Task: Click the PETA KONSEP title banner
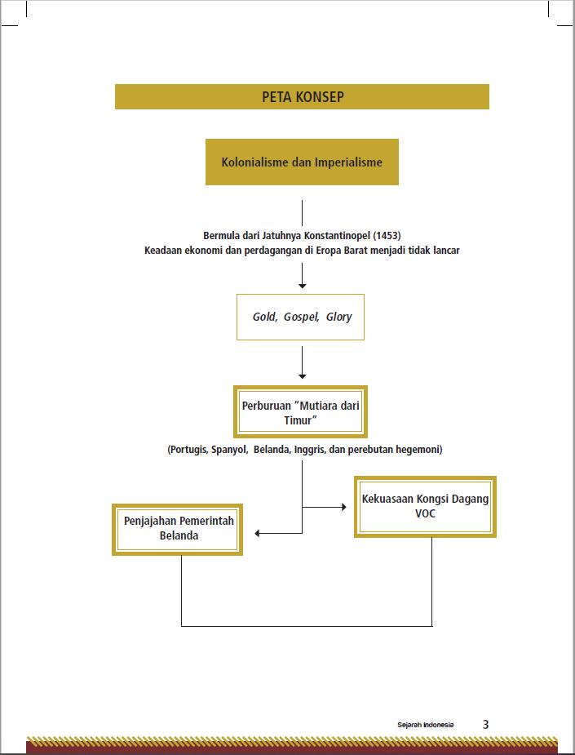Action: pos(302,97)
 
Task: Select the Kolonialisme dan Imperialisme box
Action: pos(302,162)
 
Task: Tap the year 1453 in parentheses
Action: pos(387,235)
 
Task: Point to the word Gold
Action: pos(264,317)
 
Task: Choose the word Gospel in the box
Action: pos(301,317)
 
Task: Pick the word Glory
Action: pos(338,317)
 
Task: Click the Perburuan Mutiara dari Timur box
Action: pos(300,411)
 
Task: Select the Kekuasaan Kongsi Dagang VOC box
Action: pos(426,507)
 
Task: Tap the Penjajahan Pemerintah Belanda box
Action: pos(178,530)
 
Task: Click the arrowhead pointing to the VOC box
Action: pos(344,507)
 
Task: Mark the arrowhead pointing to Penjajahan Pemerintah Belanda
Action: pos(258,534)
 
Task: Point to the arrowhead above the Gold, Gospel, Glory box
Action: pos(302,286)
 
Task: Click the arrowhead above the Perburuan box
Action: pos(302,376)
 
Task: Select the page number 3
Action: pos(485,724)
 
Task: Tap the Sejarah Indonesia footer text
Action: pos(426,725)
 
